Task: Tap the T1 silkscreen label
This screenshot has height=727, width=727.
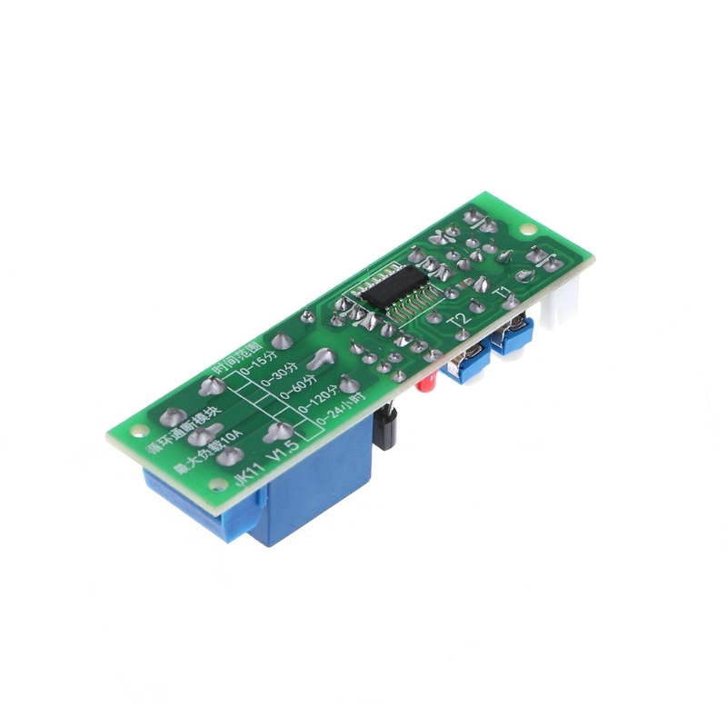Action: pos(503,293)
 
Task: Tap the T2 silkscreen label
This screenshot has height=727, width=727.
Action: pos(461,319)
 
